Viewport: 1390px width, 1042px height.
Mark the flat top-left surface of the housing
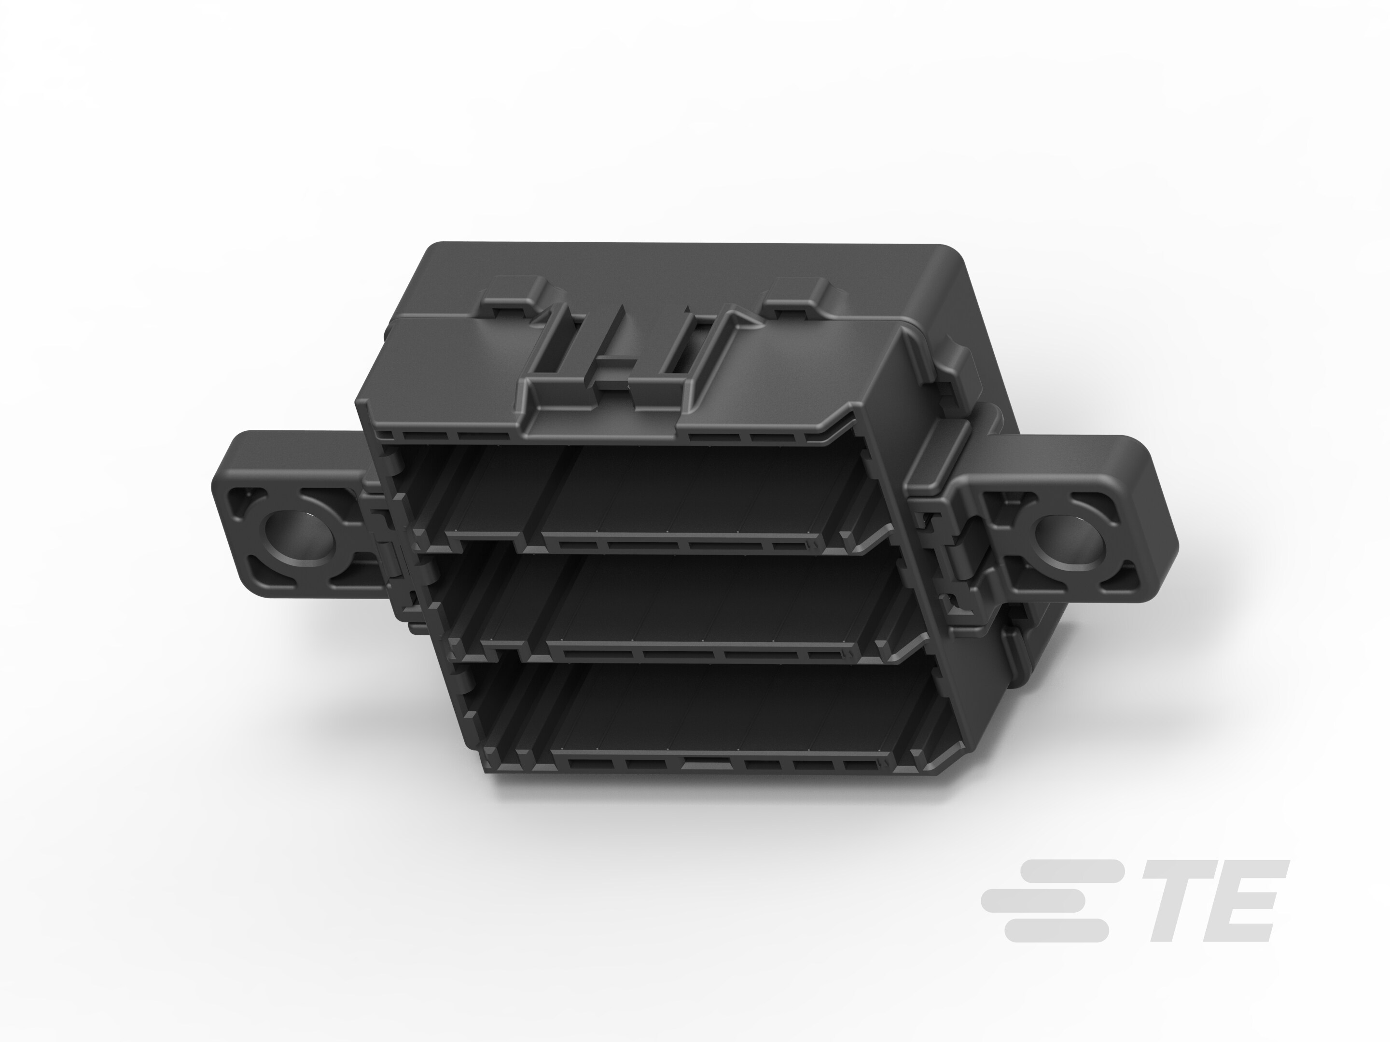[x=440, y=364]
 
